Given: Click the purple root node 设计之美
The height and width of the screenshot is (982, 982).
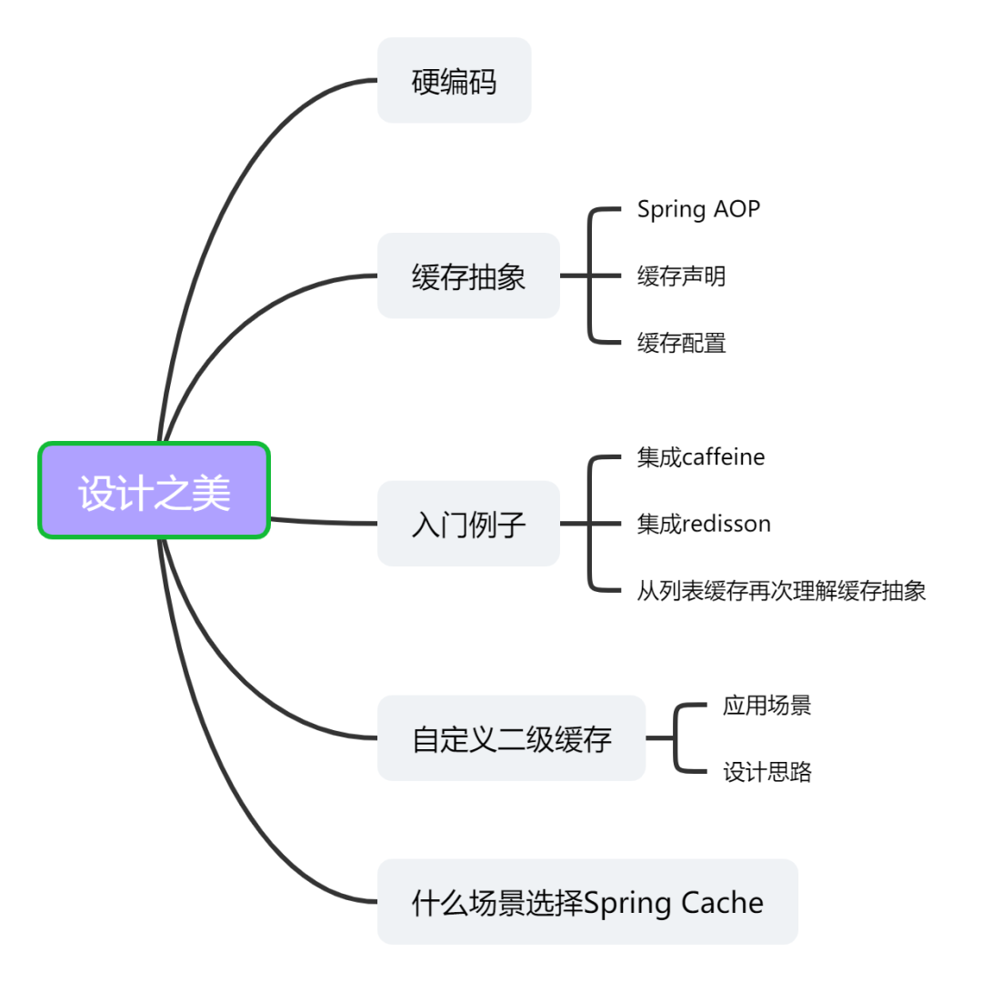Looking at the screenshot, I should click(155, 491).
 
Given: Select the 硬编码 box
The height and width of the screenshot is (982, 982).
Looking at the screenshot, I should click(454, 81).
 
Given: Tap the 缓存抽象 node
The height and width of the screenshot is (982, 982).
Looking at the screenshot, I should click(468, 276).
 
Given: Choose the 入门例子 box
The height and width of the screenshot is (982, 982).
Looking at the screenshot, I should click(468, 524).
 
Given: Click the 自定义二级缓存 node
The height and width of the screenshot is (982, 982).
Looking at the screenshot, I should click(511, 738).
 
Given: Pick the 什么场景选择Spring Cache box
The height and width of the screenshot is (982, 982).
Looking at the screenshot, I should click(587, 902).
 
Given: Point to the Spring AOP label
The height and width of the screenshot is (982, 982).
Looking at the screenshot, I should click(698, 209).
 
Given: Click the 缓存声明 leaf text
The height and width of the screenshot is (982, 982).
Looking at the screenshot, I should click(681, 276).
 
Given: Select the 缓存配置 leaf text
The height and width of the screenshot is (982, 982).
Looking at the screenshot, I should click(681, 343).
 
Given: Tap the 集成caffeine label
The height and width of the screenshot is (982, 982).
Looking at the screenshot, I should click(701, 456).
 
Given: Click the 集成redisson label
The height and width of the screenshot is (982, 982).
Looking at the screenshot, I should click(704, 524).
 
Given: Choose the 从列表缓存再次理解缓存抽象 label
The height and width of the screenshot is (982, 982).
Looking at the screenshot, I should click(781, 591).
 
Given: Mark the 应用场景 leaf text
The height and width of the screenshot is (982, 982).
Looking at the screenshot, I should click(767, 706).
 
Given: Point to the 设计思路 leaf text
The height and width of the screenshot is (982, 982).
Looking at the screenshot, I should click(767, 772).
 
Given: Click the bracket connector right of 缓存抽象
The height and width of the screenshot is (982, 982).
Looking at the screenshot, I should click(591, 276).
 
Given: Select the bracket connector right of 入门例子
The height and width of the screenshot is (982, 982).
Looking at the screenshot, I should click(591, 524).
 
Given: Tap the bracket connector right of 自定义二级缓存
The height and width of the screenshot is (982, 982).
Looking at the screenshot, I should click(676, 738).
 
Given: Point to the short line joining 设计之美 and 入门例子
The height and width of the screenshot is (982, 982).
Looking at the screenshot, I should click(323, 522).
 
